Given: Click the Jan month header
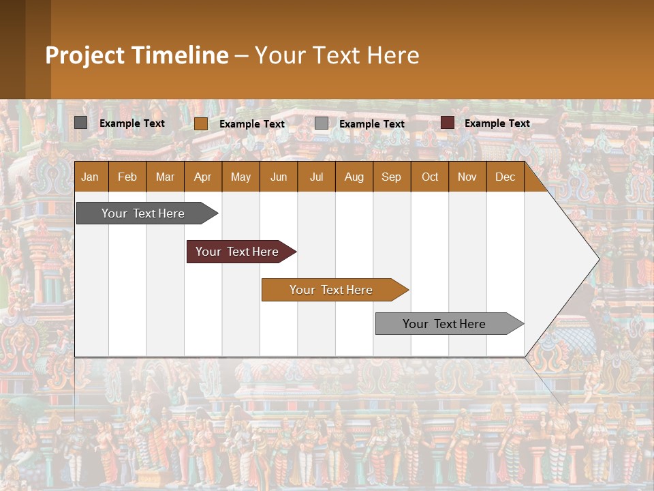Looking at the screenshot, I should pos(90,177).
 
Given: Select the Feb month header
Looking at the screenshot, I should pos(127,177).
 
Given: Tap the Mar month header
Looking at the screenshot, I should pos(165,177).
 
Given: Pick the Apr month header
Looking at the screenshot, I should pos(202,177).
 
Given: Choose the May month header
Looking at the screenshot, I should pos(240,177).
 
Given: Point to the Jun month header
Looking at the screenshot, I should pos(279,177).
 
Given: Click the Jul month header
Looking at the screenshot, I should pos(316,177).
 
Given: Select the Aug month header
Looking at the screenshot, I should pos(354,177).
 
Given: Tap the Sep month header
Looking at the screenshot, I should pos(391,177).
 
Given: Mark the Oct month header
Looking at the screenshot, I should pos(430,177).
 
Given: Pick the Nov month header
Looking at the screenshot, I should pos(467,177).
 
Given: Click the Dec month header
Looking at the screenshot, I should pos(505,177).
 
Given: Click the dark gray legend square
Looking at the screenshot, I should pos(80,123).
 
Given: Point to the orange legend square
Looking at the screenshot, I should pos(200,123).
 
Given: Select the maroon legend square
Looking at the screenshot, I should pos(447,123).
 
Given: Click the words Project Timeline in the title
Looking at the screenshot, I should pos(137,55).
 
